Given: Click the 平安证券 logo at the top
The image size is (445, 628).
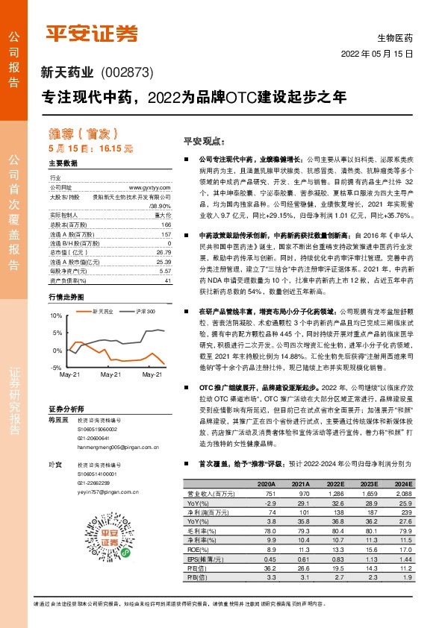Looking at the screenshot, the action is coord(93,33).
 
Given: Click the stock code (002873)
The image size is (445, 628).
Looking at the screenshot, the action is coord(125,73).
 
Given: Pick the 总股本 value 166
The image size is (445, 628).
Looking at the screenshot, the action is coord(166,224).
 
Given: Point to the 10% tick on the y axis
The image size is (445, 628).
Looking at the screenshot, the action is coord(55,316).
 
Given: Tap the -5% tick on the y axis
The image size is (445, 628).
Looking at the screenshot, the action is coord(56,368).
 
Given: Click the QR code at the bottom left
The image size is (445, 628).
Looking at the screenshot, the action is coord(78,540).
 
